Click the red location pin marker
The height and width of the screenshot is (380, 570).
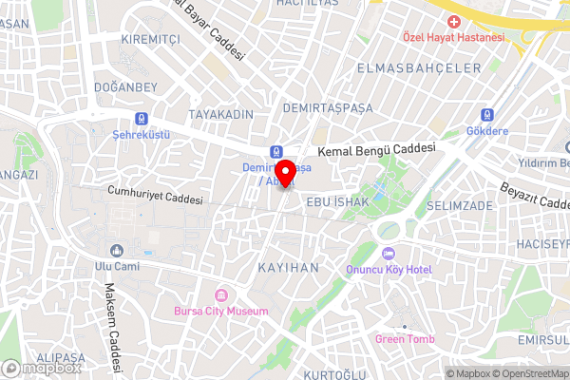[284, 174]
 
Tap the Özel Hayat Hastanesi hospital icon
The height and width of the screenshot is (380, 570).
[454, 21]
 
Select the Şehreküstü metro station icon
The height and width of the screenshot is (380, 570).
[142, 119]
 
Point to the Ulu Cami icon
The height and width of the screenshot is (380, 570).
[117, 251]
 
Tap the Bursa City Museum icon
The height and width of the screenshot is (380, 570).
[221, 295]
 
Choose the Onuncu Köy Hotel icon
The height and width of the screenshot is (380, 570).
[388, 254]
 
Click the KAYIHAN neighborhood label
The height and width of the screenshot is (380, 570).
[289, 268]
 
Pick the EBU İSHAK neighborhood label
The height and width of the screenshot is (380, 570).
[332, 201]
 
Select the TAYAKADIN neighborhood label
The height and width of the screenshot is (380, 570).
[220, 114]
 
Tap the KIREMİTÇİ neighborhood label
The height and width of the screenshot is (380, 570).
[150, 39]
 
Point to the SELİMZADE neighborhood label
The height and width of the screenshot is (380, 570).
[460, 206]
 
